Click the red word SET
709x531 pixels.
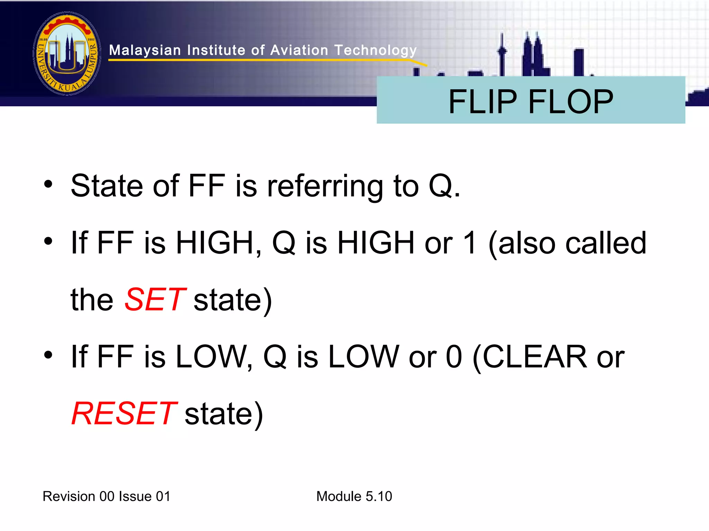(x=155, y=300)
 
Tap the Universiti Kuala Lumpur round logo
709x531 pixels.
(x=67, y=54)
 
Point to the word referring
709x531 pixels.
(x=325, y=187)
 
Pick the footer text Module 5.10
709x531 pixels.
(x=354, y=496)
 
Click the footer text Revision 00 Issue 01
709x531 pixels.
(x=106, y=496)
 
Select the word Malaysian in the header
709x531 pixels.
(x=145, y=51)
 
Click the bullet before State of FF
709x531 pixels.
(x=48, y=184)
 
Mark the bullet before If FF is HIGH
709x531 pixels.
(x=48, y=241)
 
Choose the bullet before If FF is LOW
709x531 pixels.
(x=48, y=355)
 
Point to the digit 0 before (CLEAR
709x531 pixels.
(x=454, y=357)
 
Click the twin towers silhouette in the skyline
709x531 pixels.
(x=532, y=55)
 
